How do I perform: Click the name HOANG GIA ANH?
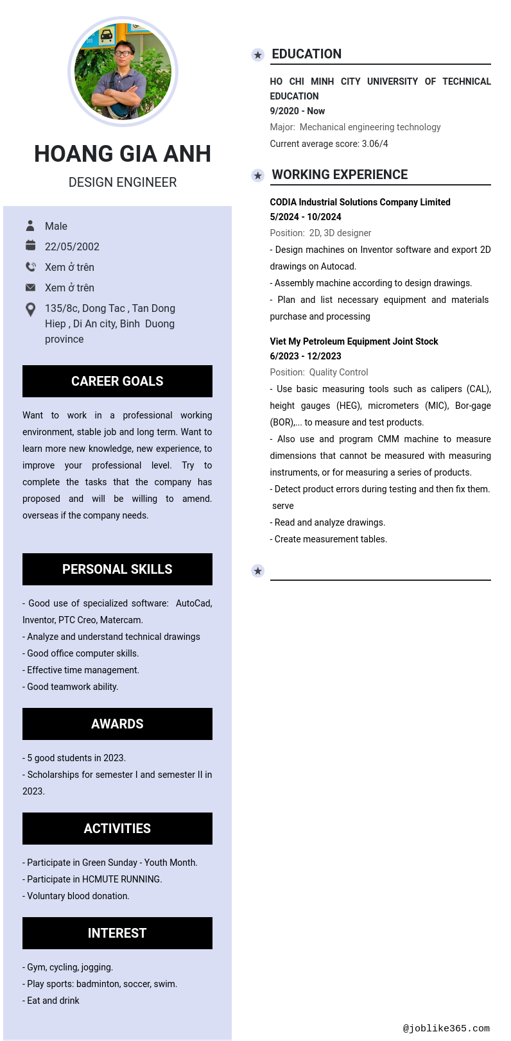tap(123, 154)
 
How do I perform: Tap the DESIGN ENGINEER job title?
tap(123, 182)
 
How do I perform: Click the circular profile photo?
tap(123, 71)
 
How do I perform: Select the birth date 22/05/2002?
tap(72, 246)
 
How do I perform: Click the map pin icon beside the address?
tap(30, 309)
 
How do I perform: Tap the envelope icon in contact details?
tap(30, 288)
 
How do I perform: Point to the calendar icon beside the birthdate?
tap(30, 246)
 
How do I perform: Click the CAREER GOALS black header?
tap(117, 381)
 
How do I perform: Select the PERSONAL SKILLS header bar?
tap(117, 569)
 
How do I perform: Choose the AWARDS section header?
tap(117, 724)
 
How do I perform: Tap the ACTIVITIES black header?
tap(117, 829)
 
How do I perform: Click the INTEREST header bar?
tap(117, 933)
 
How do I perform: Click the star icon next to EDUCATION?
tap(257, 55)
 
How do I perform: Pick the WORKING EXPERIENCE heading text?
tap(340, 175)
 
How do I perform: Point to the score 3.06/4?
tap(375, 144)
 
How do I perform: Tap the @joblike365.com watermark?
tap(446, 1028)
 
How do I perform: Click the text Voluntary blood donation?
tap(78, 896)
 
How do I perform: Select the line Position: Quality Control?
tap(319, 372)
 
